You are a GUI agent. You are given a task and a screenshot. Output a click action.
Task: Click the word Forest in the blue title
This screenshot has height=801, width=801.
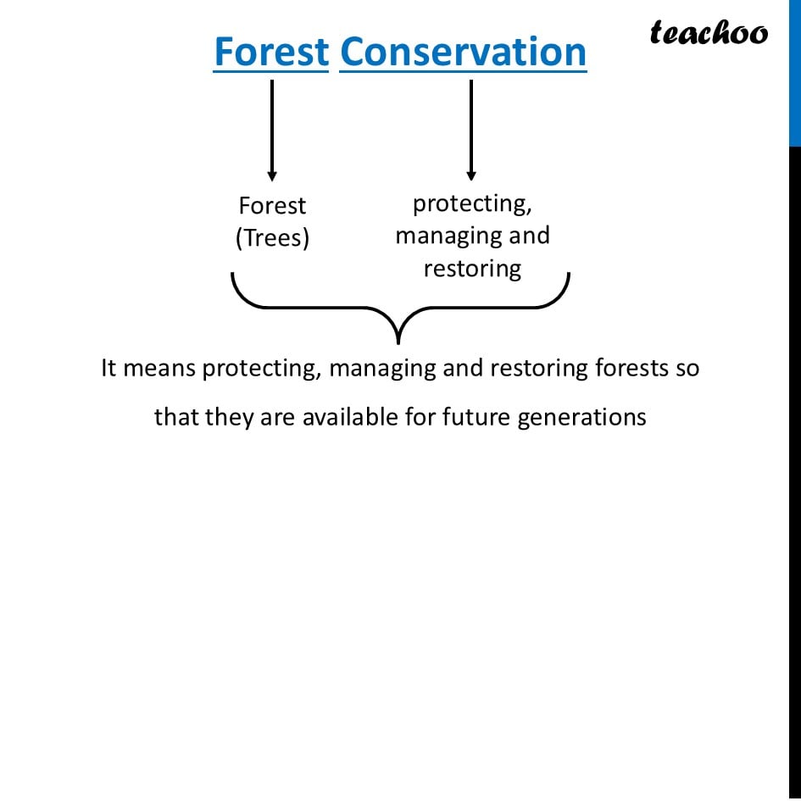click(270, 52)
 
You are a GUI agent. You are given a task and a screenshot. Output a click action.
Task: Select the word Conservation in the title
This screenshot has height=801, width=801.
click(463, 52)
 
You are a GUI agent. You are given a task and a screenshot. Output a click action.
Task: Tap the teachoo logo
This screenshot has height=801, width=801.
click(709, 32)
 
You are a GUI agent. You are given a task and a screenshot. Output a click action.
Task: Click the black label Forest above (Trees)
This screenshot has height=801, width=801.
click(272, 206)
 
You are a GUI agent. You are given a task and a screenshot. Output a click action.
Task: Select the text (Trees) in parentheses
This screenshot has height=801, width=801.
click(272, 238)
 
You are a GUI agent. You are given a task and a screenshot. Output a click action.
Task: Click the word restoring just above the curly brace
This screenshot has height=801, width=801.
click(472, 269)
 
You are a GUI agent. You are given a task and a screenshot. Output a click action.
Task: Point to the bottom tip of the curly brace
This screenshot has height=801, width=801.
click(398, 341)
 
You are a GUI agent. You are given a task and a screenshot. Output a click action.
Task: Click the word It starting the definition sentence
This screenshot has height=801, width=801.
click(108, 369)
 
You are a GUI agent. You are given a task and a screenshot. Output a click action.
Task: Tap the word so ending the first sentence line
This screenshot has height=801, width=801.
click(687, 369)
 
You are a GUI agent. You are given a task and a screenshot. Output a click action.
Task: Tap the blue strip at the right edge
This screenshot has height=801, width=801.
click(795, 72)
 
